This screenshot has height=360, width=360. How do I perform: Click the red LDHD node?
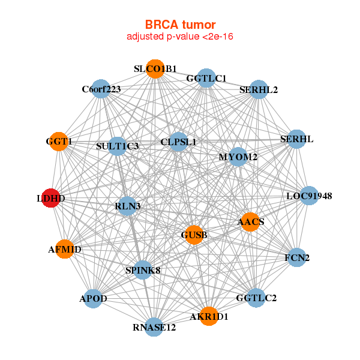click(52, 198)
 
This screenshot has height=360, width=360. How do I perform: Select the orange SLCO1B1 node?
click(155, 69)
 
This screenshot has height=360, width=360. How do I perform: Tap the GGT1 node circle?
click(59, 142)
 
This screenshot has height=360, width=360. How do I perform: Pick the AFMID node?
click(65, 249)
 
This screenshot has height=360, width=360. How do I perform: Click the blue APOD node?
click(93, 299)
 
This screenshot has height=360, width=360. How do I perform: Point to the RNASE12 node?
click(155, 327)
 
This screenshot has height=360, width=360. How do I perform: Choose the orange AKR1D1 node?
click(209, 316)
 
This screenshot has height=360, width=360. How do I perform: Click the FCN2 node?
click(298, 258)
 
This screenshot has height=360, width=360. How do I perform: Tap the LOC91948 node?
click(309, 196)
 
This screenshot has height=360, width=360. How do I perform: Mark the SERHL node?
click(297, 140)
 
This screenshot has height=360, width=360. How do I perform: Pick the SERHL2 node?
click(258, 90)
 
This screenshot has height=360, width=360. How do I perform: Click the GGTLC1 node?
click(206, 78)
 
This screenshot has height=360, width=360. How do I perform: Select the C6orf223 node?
click(101, 89)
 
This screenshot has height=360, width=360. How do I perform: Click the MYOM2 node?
click(238, 157)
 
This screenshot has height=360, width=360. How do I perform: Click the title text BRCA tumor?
click(180, 25)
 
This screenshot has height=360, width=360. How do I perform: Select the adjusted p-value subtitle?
click(180, 37)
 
